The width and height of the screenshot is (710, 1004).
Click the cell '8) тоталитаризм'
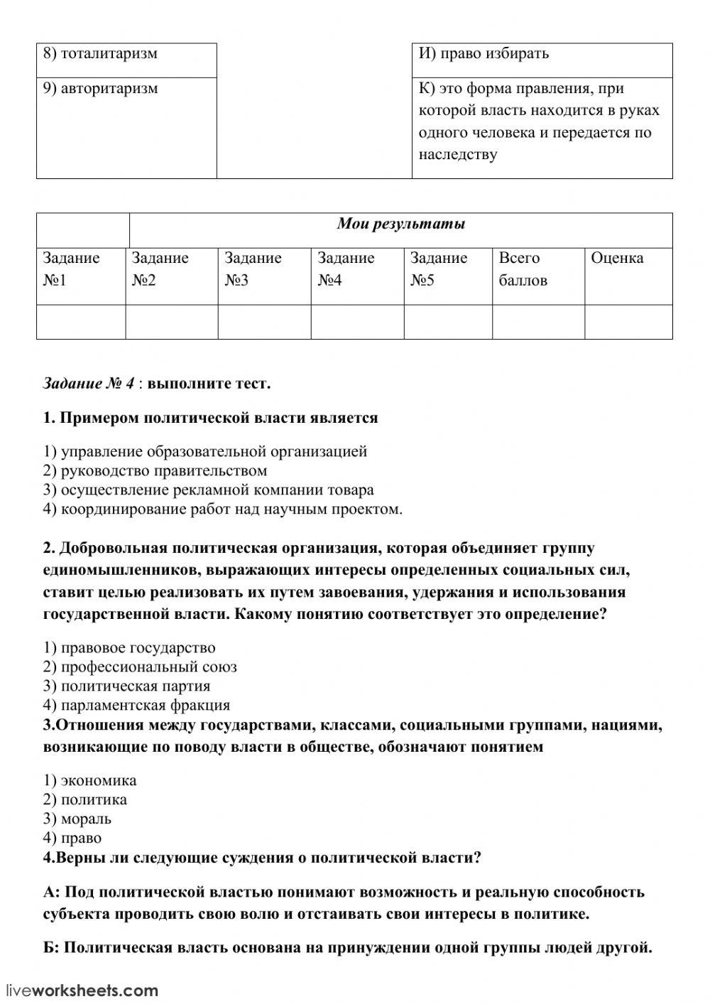[x=126, y=60]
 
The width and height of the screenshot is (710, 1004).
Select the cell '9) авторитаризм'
[x=126, y=127]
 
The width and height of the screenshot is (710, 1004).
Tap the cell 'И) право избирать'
[x=542, y=60]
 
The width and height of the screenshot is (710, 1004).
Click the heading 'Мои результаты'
[x=400, y=225]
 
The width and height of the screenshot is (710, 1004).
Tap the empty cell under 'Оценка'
[x=628, y=322]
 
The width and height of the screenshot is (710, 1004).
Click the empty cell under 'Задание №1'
[x=81, y=322]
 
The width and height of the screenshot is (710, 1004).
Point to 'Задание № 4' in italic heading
[x=89, y=384]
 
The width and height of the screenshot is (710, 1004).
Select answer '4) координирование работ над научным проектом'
[x=222, y=509]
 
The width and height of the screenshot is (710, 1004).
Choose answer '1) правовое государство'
[x=129, y=648]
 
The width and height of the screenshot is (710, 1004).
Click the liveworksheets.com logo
[x=82, y=990]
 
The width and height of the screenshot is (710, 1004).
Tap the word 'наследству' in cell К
[x=458, y=155]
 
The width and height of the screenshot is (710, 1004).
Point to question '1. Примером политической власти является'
[x=210, y=418]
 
